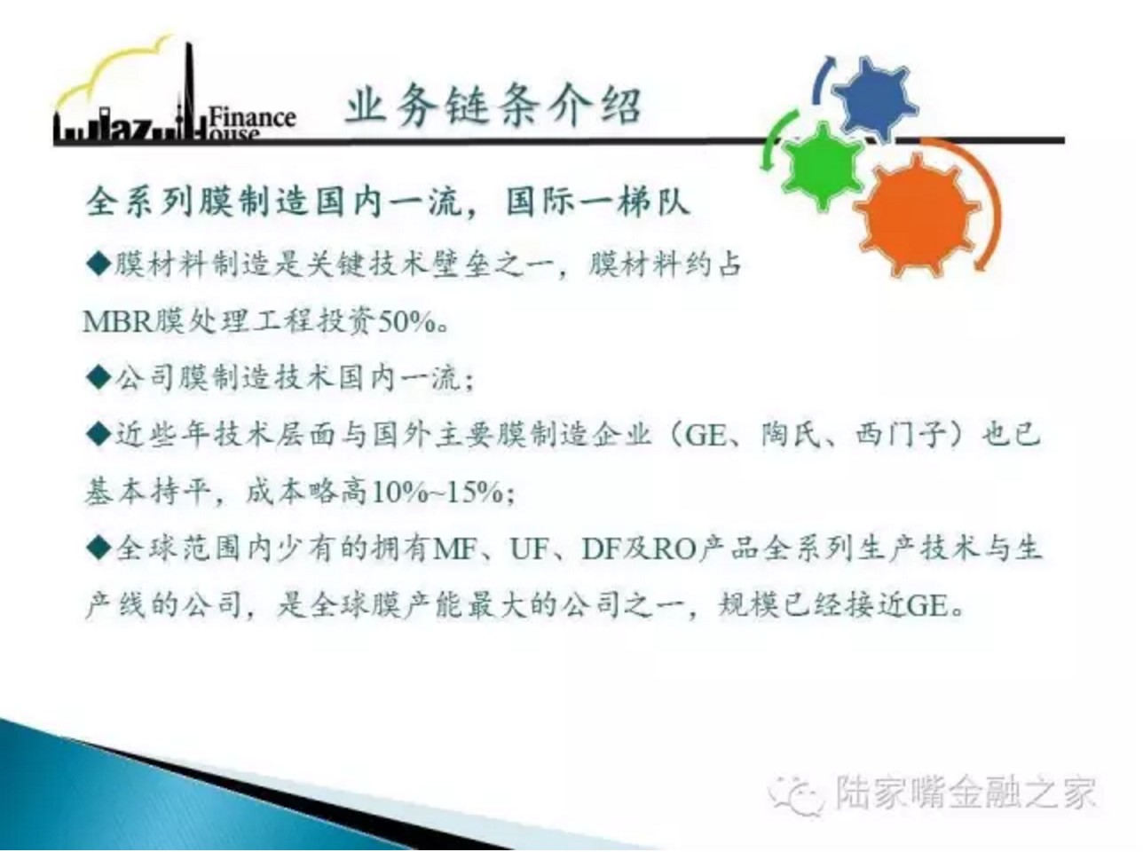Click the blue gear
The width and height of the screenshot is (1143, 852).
(875, 98)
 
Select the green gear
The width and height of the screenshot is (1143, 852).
(823, 166)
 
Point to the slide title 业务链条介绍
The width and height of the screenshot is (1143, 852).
(493, 106)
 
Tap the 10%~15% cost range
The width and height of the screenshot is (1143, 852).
(437, 492)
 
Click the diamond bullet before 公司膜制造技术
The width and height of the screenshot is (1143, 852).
(98, 376)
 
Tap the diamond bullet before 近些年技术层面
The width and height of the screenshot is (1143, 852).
(98, 434)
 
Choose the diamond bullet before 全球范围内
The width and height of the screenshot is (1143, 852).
(98, 548)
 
